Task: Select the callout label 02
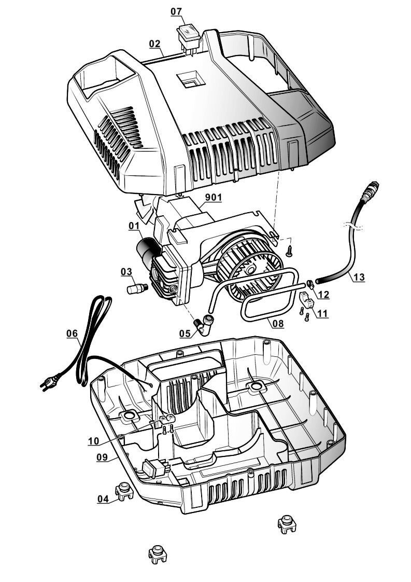(x=154, y=44)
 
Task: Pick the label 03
(x=126, y=271)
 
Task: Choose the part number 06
(x=72, y=334)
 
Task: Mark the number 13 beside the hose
(x=359, y=278)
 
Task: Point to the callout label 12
(x=323, y=294)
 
